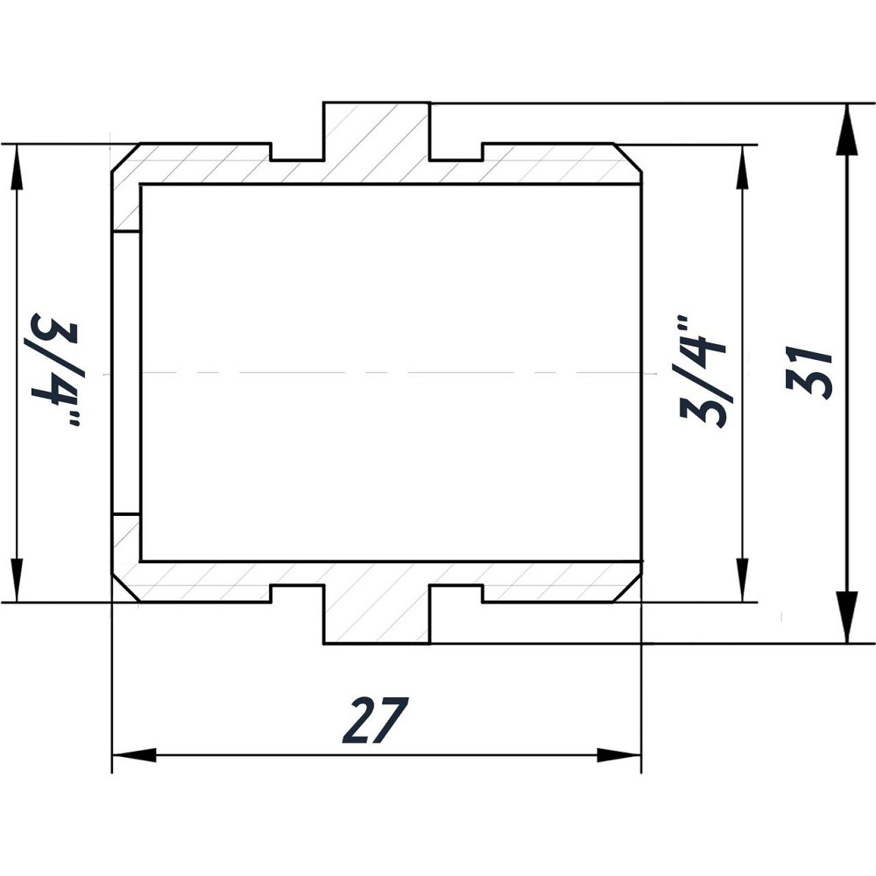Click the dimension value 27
pyautogui.click(x=376, y=720)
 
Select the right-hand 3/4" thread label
pyautogui.click(x=703, y=371)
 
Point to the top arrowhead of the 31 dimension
pyautogui.click(x=846, y=127)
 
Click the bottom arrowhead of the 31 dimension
pyautogui.click(x=846, y=620)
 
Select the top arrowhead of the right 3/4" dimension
pyautogui.click(x=743, y=166)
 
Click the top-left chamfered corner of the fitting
pyautogui.click(x=124, y=156)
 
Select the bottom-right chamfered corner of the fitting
pyautogui.click(x=629, y=590)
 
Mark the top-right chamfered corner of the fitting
pyautogui.click(x=629, y=156)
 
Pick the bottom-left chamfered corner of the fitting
pyautogui.click(x=124, y=590)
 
